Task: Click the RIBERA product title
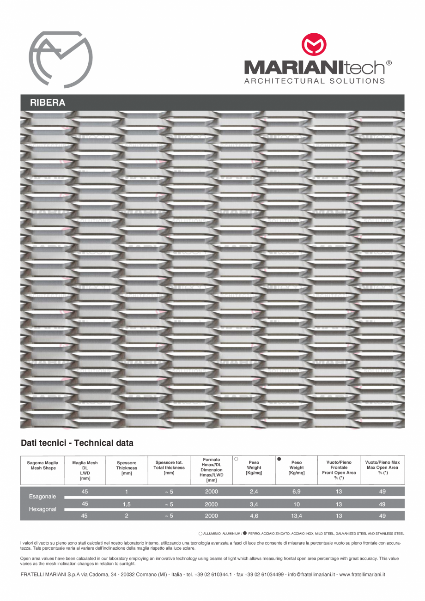point(48,103)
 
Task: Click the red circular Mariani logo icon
point(314,45)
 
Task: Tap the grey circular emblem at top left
point(61,59)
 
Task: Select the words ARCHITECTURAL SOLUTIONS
point(315,81)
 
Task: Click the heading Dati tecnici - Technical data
point(77,443)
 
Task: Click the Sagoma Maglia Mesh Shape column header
point(42,465)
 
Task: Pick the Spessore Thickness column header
point(127,468)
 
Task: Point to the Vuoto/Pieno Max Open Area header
point(382,465)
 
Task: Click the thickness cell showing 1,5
point(127,504)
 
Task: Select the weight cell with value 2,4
point(254,492)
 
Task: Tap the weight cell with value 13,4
point(297,516)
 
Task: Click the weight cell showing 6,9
point(297,492)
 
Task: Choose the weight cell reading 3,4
point(254,504)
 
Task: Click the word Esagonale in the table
point(42,497)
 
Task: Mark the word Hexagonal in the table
point(42,509)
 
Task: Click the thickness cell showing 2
point(127,516)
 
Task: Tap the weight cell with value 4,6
point(254,516)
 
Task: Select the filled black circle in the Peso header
point(279,459)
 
